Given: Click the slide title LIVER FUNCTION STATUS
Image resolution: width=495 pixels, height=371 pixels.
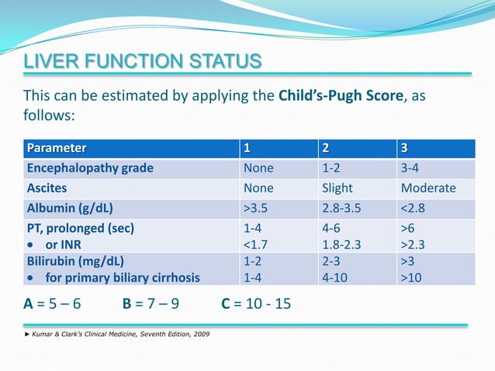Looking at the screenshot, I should (142, 61).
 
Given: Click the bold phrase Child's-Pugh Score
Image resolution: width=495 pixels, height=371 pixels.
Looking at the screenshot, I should (340, 97).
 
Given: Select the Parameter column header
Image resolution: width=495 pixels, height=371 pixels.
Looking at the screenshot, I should (57, 147).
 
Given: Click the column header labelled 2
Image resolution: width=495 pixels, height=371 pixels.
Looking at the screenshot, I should (326, 147).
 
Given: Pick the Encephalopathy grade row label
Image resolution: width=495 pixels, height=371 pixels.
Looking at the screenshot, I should (90, 168).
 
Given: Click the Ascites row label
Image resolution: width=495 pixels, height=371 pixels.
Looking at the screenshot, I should (47, 188).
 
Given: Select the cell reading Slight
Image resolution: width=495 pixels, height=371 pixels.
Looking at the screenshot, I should (337, 188).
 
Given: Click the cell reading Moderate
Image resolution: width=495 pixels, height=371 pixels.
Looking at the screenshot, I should (427, 188).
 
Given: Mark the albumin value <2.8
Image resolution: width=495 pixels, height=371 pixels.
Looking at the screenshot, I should (414, 208).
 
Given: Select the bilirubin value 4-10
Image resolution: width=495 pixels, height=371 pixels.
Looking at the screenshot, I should (334, 277).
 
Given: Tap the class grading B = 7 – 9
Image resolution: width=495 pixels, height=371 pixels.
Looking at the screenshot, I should (151, 303).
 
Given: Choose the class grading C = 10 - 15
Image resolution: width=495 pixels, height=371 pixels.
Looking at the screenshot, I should (257, 303).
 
